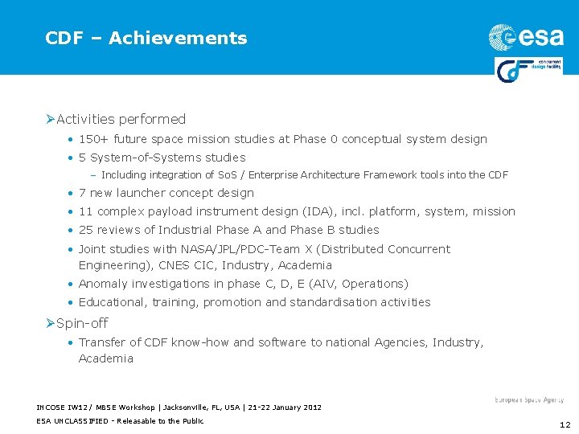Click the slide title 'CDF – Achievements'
(146, 38)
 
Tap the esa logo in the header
(525, 37)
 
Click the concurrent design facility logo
(528, 69)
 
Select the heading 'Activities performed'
(121, 119)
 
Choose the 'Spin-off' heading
(82, 323)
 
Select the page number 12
(564, 425)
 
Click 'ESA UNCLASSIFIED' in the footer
(70, 421)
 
